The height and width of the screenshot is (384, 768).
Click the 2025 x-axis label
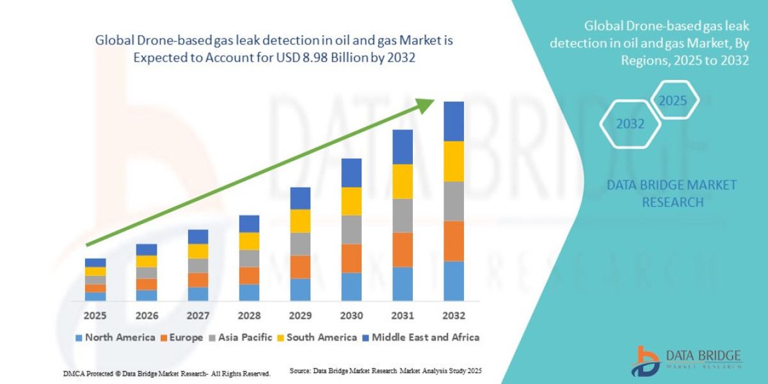point(95,316)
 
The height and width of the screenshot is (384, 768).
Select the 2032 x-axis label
point(453,316)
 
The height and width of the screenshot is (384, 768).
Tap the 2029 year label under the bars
point(300,316)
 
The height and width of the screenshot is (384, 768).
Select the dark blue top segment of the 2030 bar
point(351,172)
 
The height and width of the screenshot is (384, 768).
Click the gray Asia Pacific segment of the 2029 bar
point(300,244)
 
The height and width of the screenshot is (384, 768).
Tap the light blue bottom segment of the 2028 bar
point(249,292)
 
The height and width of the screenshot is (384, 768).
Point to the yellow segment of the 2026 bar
point(147,261)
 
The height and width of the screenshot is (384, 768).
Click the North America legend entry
point(115,337)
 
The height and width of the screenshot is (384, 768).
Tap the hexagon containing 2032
point(630,124)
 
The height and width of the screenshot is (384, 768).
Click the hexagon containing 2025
point(673,101)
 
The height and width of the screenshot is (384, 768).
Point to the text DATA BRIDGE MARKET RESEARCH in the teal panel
point(671,193)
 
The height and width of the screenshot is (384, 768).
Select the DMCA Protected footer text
point(166,373)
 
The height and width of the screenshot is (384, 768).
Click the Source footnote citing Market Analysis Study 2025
point(385,371)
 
